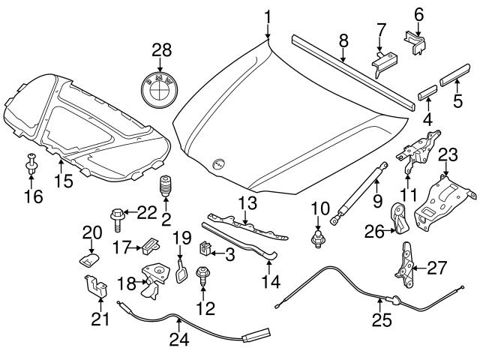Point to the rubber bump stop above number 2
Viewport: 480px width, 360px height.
click(x=163, y=188)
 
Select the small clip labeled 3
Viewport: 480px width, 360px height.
click(x=203, y=247)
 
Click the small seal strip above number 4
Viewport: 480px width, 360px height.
click(x=426, y=95)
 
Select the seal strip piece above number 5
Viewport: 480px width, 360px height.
click(x=453, y=76)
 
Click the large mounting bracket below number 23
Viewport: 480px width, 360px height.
click(x=442, y=202)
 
